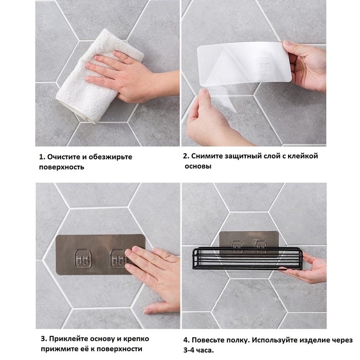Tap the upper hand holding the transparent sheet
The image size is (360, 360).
click(309, 64)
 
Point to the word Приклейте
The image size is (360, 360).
click(69, 339)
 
